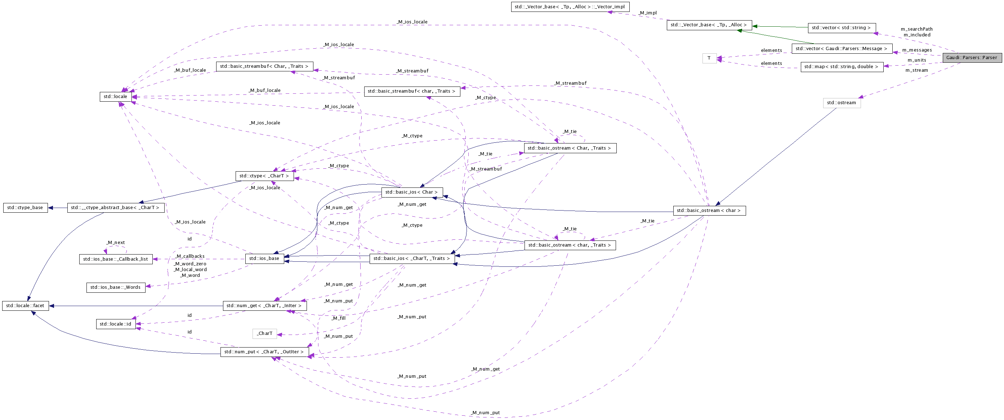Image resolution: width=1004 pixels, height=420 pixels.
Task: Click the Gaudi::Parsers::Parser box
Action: tap(971, 58)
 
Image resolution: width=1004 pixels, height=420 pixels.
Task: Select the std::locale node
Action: tap(115, 97)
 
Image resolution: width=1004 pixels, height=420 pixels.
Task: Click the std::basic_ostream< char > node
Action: tap(709, 211)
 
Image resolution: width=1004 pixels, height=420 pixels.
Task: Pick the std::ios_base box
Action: tap(264, 258)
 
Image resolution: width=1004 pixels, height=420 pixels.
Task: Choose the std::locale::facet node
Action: tap(25, 306)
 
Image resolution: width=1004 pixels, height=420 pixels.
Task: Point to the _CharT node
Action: tap(265, 333)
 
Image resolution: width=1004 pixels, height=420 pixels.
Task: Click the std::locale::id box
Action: tap(115, 324)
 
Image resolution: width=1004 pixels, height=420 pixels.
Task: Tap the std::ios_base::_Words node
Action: tap(115, 287)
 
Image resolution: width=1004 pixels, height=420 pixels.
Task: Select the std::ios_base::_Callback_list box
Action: tap(115, 259)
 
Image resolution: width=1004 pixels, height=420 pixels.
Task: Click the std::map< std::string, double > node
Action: tap(842, 67)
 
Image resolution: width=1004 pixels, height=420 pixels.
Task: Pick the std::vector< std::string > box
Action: tap(842, 28)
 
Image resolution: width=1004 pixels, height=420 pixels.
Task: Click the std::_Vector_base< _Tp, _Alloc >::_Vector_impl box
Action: tap(570, 7)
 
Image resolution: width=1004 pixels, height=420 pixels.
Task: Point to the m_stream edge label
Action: tap(916, 70)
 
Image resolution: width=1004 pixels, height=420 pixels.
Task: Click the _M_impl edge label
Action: tap(647, 13)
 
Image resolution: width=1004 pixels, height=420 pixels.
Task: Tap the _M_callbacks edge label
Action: tap(190, 256)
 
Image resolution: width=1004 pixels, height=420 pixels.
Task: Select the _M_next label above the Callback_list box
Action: tap(115, 243)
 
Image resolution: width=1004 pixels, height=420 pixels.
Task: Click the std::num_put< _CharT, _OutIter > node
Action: tap(264, 352)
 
